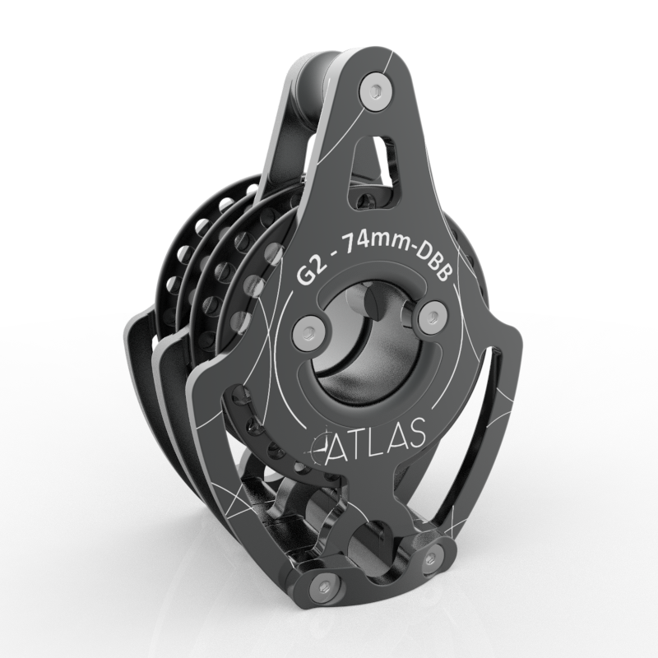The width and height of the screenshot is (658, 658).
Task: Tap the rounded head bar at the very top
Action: (317, 70)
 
